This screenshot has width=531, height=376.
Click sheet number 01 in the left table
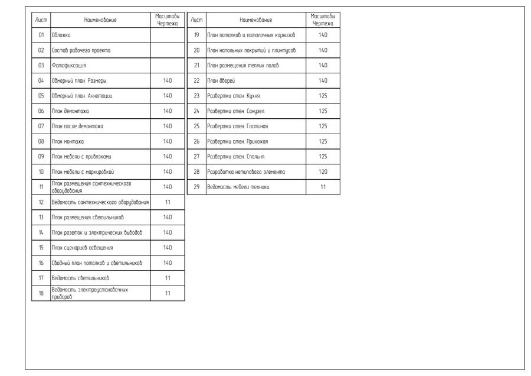point(41,35)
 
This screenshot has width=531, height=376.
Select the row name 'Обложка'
point(61,35)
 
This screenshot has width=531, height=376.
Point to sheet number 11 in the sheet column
point(41,187)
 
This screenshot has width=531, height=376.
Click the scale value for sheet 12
point(168,202)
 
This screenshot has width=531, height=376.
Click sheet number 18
point(41,293)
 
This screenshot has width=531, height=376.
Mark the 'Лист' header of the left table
point(41,20)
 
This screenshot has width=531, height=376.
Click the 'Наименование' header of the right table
point(256,20)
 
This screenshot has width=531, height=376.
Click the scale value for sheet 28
point(323,171)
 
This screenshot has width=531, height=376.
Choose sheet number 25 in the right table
point(197,126)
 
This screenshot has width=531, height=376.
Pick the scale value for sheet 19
point(323,35)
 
